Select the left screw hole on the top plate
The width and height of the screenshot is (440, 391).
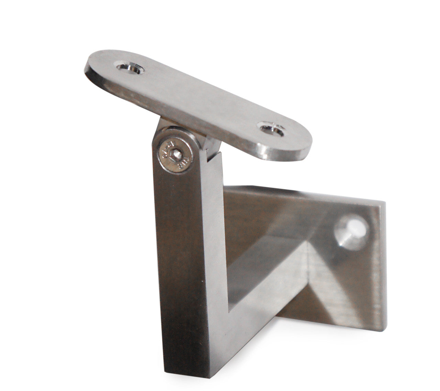(x=128, y=67)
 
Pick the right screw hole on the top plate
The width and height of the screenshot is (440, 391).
(x=273, y=130)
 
